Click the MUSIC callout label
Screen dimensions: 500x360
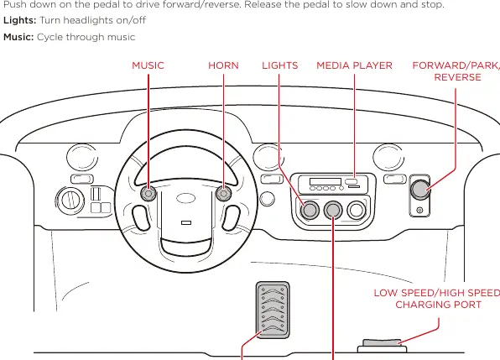(x=148, y=65)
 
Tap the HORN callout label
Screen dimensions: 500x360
(x=223, y=65)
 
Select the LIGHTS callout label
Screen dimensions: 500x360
(x=279, y=65)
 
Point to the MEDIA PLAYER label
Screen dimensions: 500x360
(x=354, y=65)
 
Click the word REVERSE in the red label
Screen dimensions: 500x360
(x=457, y=77)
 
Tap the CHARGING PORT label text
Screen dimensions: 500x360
(x=439, y=305)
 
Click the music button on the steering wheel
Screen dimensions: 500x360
(x=148, y=193)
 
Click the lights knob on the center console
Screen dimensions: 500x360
(x=310, y=210)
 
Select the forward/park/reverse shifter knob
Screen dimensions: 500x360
(x=420, y=190)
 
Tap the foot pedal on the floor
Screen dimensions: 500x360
(x=273, y=310)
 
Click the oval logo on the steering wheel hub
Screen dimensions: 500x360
(x=185, y=198)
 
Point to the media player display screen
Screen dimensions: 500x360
(x=326, y=181)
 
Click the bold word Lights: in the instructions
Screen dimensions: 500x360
(x=20, y=20)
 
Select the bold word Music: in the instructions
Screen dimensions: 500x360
(x=18, y=37)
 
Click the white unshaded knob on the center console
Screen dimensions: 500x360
(x=357, y=210)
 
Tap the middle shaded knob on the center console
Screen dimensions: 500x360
(x=333, y=210)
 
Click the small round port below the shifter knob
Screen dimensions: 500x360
(x=420, y=210)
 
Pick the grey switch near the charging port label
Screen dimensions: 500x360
(x=382, y=342)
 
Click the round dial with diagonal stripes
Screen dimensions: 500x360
(x=70, y=201)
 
